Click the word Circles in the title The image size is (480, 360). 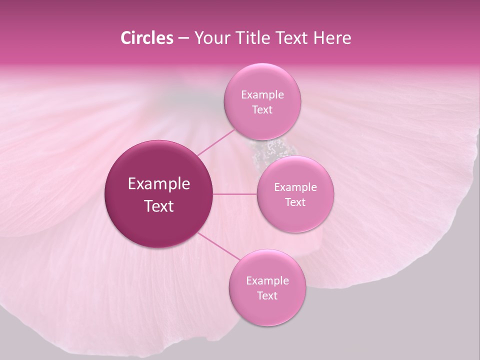tap(146, 38)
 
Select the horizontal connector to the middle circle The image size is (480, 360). tap(235, 194)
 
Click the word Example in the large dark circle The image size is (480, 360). tap(159, 184)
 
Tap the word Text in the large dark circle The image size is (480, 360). tap(159, 206)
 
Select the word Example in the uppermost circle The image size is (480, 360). tap(262, 95)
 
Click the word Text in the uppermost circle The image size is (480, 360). tap(262, 110)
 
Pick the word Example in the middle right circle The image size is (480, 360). tap(295, 187)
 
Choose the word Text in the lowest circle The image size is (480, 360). tap(267, 296)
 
